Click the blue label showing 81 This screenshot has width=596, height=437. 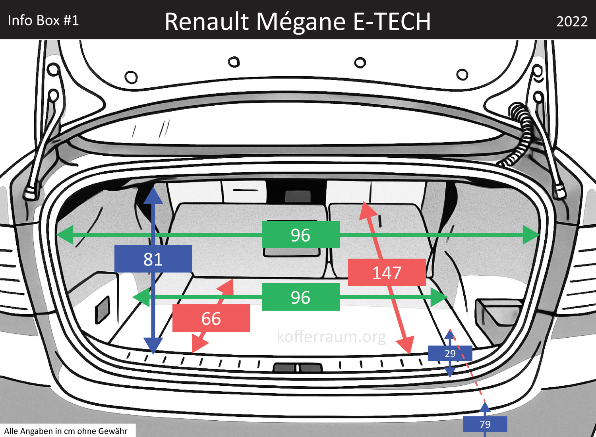pos(153,259)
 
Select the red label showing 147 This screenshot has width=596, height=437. pos(387,273)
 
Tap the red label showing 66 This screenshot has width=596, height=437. pos(211,318)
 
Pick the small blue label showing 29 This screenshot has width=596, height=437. pos(450,354)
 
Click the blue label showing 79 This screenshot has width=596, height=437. pos(485,424)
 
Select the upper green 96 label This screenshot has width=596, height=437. pos(300,235)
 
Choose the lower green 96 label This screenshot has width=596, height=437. pos(300,297)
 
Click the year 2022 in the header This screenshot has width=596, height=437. pos(572,21)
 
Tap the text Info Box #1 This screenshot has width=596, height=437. pos(43,20)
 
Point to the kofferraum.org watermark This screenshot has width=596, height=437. pos(331,336)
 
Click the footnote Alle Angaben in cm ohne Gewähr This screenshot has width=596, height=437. pos(66,431)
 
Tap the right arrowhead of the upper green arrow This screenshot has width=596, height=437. pos(531,235)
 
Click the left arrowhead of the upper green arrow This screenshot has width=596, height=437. pos(65,235)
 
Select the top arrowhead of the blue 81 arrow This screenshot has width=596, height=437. pos(153,195)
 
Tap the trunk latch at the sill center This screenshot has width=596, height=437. pos(297,367)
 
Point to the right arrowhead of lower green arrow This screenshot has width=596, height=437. pos(440,297)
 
